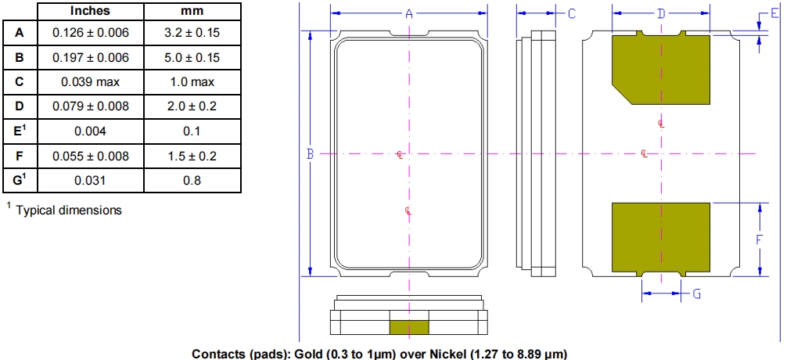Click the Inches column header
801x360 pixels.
[91, 11]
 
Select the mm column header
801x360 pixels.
[192, 11]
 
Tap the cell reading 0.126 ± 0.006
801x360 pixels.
[91, 33]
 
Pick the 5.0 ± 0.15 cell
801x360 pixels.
[192, 57]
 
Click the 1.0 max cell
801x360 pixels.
[192, 82]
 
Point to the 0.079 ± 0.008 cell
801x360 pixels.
[91, 106]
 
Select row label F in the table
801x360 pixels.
[20, 156]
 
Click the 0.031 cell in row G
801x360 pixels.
[91, 181]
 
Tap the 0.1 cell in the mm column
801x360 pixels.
[192, 131]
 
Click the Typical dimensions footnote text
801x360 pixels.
[69, 211]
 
